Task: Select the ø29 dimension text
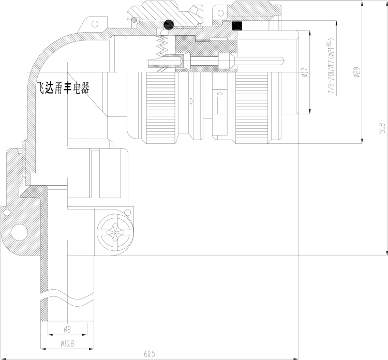click(357, 72)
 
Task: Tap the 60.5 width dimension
click(150, 354)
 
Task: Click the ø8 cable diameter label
click(68, 329)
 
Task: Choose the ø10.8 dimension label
click(68, 343)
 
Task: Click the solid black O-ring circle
click(168, 24)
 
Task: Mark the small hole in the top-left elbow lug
click(94, 23)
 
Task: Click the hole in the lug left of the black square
click(221, 11)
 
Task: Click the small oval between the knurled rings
click(192, 101)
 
